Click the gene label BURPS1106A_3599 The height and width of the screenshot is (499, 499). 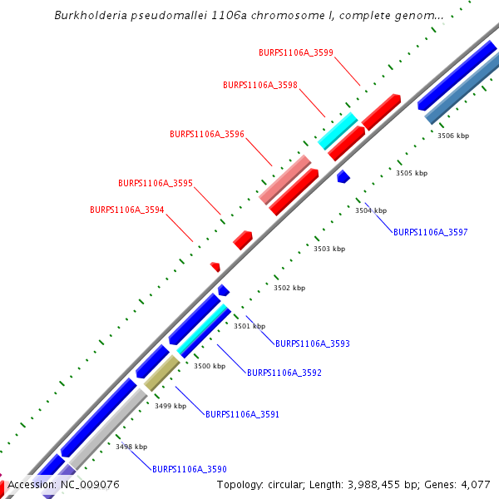point(295,52)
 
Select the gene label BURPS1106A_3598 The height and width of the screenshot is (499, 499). point(260,85)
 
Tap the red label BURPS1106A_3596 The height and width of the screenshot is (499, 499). point(207,134)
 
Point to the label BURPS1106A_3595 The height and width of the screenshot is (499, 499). point(156,183)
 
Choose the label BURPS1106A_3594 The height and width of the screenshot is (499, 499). point(127,210)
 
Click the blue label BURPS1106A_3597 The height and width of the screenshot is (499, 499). point(431,233)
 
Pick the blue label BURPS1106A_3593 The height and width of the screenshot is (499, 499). point(313,343)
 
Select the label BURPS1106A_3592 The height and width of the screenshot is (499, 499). point(284,373)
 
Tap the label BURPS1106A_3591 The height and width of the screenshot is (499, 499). point(243,414)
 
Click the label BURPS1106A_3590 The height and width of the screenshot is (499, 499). point(190,469)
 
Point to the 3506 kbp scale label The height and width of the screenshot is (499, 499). point(453,136)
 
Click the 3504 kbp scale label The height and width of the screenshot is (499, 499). point(371,210)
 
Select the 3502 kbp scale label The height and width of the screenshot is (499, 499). point(289,288)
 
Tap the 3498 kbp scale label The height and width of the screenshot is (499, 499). point(131,447)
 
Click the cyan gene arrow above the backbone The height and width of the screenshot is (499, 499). point(338,131)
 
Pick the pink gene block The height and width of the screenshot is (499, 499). point(284,179)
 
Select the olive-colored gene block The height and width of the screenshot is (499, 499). point(163,371)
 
